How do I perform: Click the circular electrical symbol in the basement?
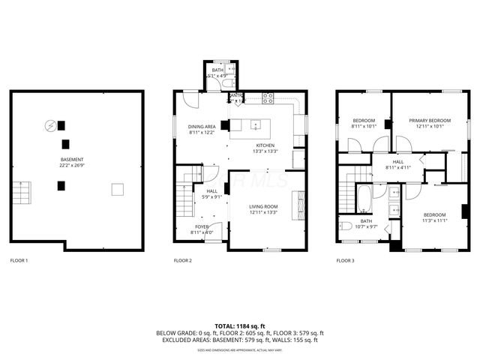(x=50, y=125)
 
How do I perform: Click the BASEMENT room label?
(x=72, y=159)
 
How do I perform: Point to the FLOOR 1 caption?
(x=19, y=260)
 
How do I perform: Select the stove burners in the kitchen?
(x=268, y=96)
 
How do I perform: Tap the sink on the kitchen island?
(x=256, y=124)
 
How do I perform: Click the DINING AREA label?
(x=202, y=127)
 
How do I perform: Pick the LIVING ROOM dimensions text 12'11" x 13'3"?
(x=263, y=212)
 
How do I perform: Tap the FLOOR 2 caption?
(x=183, y=260)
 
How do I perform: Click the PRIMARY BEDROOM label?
(x=430, y=120)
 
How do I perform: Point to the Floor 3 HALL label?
(x=397, y=161)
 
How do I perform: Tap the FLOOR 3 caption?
(x=345, y=260)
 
